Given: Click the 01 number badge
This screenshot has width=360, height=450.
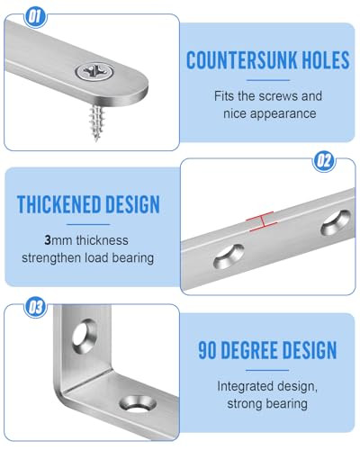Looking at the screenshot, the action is pos(35,16).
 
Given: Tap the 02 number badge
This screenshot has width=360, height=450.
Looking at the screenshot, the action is pos(324,161).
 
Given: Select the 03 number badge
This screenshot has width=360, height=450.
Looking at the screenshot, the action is pos(35,307).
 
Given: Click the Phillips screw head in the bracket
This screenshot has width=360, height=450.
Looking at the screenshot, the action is pos(94,72).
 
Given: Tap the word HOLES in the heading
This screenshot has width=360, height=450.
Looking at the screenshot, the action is pos(325,59).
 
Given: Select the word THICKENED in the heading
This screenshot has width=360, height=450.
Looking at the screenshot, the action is pos(58,204).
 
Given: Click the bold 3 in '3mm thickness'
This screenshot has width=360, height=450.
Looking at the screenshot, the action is pos(48,240).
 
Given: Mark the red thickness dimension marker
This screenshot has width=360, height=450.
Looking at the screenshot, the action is pos(262,221).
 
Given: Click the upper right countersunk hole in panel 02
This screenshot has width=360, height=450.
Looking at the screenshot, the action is pos(336,222).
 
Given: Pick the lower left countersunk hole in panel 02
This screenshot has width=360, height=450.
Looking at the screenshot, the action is pos(229,256).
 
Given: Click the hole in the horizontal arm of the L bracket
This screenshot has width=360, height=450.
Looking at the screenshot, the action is pos(138,404).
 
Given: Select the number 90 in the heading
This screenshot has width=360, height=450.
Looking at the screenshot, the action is pos(207,350).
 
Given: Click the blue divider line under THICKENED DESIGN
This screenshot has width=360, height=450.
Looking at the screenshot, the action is pos(88,224).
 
